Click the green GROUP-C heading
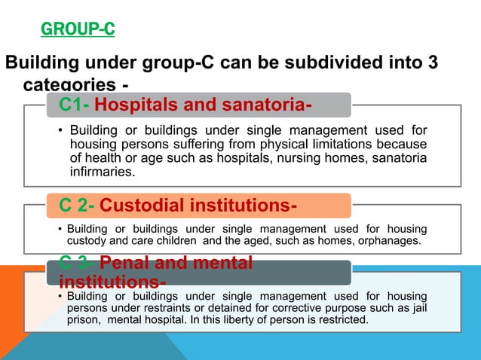tap(77, 31)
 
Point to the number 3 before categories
tap(432, 63)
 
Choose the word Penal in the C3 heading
tap(123, 264)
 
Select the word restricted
tap(343, 319)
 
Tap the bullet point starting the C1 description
tap(60, 131)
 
